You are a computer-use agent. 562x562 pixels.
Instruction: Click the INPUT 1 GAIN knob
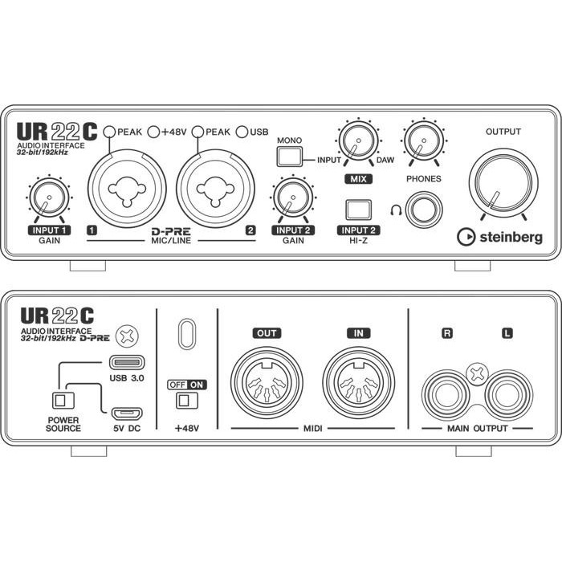click(47, 198)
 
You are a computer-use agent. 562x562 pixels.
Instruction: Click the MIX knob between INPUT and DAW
click(353, 145)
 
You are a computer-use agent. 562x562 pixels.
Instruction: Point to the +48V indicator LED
click(154, 131)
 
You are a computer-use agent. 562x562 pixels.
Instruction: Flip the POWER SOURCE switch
click(59, 400)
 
